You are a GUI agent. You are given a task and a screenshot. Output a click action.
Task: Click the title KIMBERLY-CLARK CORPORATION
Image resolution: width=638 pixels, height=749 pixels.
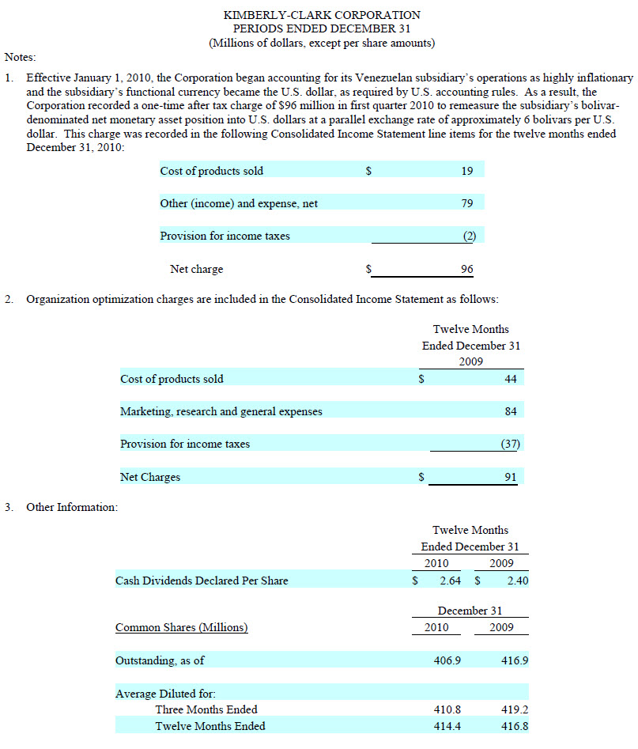pyautogui.click(x=322, y=15)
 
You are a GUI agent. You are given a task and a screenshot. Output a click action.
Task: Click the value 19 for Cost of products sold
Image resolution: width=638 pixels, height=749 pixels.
pyautogui.click(x=466, y=171)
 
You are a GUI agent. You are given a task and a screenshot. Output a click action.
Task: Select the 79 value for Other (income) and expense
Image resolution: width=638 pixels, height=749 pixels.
pyautogui.click(x=466, y=203)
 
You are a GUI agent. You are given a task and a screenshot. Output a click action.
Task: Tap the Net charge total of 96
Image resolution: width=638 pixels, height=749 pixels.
pyautogui.click(x=466, y=270)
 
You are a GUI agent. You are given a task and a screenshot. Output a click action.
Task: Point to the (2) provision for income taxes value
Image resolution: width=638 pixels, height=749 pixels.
pyautogui.click(x=468, y=236)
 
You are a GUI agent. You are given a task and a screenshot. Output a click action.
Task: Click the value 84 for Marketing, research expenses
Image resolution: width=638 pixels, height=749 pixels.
pyautogui.click(x=510, y=411)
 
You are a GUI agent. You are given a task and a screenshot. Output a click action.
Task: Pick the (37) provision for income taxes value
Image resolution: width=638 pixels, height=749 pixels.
pyautogui.click(x=510, y=444)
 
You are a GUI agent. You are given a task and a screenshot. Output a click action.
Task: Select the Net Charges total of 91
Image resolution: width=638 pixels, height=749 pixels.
pyautogui.click(x=510, y=478)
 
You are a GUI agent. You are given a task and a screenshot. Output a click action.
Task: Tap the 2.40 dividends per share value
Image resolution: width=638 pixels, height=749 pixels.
pyautogui.click(x=517, y=581)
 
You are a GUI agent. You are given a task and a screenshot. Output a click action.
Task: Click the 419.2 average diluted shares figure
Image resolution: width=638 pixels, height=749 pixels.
pyautogui.click(x=515, y=709)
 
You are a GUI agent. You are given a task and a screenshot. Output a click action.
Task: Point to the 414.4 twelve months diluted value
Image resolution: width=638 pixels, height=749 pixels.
pyautogui.click(x=448, y=726)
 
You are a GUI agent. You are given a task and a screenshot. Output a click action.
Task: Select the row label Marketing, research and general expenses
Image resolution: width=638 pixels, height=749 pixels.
pyautogui.click(x=221, y=411)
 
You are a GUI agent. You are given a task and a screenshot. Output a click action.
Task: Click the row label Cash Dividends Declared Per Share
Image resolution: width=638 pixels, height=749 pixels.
pyautogui.click(x=202, y=581)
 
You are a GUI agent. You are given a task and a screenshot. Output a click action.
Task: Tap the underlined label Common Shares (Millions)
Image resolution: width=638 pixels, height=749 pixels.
pyautogui.click(x=181, y=628)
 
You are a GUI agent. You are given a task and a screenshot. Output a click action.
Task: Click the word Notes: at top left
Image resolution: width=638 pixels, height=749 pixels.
pyautogui.click(x=21, y=57)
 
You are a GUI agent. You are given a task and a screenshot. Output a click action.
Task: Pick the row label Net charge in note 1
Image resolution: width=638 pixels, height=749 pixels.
pyautogui.click(x=196, y=270)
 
